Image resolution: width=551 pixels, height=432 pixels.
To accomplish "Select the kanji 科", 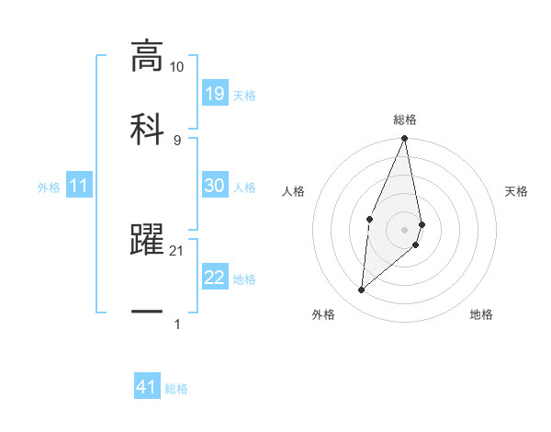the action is pyautogui.click(x=147, y=127).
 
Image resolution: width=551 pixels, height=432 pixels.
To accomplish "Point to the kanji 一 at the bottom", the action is pyautogui.click(x=147, y=312).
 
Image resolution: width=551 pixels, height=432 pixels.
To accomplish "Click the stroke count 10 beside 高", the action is pyautogui.click(x=177, y=67).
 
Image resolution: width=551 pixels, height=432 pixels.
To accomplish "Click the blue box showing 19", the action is pyautogui.click(x=215, y=93).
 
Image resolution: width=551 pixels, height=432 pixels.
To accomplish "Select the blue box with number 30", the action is pyautogui.click(x=215, y=186).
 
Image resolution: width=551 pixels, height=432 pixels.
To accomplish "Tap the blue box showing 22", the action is pyautogui.click(x=215, y=278).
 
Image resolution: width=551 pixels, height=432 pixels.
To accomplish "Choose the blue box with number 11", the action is pyautogui.click(x=78, y=187).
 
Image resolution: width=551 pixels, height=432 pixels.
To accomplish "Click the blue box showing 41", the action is pyautogui.click(x=147, y=388).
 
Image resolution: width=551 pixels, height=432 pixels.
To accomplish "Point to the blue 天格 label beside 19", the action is pyautogui.click(x=244, y=95).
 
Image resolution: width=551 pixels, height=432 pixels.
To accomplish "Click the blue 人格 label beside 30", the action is pyautogui.click(x=244, y=188).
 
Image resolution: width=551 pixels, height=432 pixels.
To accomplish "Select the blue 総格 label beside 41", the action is pyautogui.click(x=176, y=390).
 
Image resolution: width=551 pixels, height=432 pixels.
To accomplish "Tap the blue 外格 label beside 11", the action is pyautogui.click(x=49, y=188).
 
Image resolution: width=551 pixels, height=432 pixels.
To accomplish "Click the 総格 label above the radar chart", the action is pyautogui.click(x=405, y=119).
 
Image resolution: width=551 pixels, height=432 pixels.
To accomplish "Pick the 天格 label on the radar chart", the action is pyautogui.click(x=516, y=191).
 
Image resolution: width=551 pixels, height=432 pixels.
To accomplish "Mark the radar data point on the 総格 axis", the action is pyautogui.click(x=405, y=139).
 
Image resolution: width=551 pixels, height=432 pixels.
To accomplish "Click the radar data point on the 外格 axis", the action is pyautogui.click(x=362, y=290).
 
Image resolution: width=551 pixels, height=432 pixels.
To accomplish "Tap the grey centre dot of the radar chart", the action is pyautogui.click(x=405, y=229).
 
